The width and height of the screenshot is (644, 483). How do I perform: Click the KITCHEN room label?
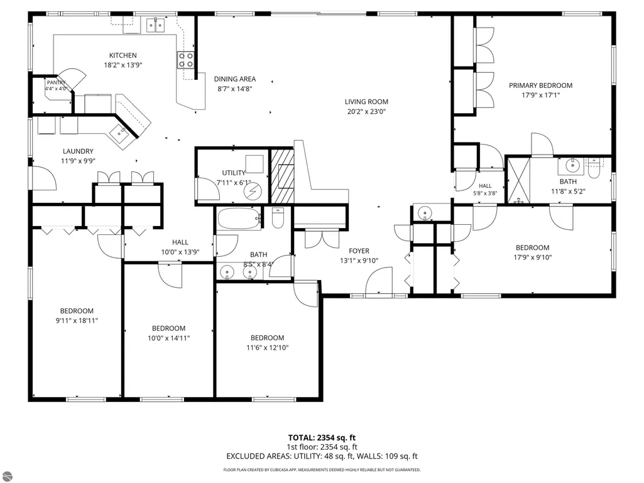[x=123, y=55]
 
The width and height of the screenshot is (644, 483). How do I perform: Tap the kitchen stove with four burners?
[x=185, y=60]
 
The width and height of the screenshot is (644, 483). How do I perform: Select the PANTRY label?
[x=56, y=82]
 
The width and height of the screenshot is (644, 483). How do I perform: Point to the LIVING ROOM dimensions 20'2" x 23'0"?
[x=366, y=111]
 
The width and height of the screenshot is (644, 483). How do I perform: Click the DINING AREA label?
[x=235, y=79]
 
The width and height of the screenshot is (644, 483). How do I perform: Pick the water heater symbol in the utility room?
[x=253, y=191]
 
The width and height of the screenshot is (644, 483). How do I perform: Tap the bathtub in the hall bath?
[x=239, y=219]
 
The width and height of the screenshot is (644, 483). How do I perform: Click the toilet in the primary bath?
[x=594, y=169]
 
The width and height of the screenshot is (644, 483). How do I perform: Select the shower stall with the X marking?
[x=519, y=180]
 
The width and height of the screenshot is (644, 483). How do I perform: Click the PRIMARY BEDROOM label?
[x=540, y=85]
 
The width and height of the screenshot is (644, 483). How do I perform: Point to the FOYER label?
[x=359, y=251]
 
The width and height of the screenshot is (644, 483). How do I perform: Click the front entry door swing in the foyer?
[x=379, y=281]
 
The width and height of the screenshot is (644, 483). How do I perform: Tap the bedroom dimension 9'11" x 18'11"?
[x=77, y=320]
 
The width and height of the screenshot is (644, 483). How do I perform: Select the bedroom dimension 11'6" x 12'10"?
[x=268, y=347]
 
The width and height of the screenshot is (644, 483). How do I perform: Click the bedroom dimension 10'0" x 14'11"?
[x=169, y=338]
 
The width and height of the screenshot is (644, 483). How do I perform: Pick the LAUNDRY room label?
[x=78, y=151]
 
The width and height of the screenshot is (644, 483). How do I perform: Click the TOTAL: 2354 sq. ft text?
[x=322, y=438]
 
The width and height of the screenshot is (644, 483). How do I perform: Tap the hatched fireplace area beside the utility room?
[x=283, y=176]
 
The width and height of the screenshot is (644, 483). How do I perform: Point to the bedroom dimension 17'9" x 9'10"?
[x=532, y=258]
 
